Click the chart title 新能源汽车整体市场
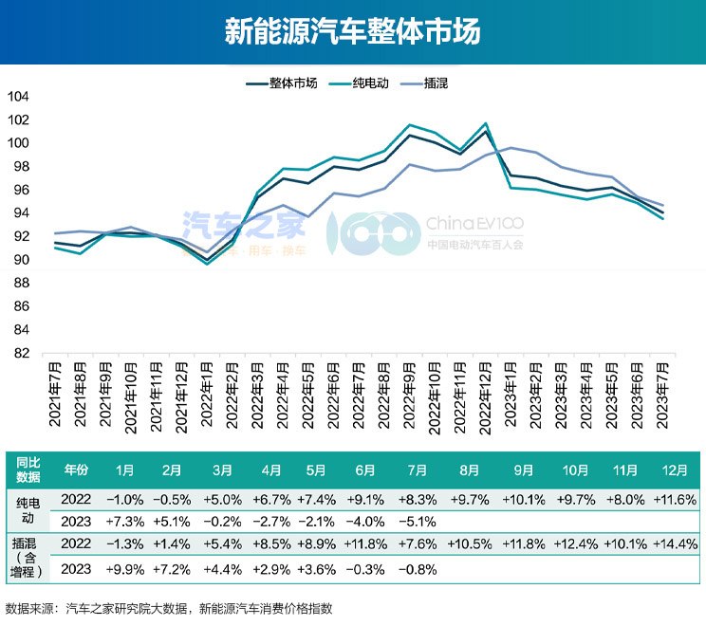[353, 31]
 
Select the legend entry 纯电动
[366, 83]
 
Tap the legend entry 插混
[433, 83]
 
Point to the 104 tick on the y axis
[18, 97]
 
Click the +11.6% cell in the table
[676, 498]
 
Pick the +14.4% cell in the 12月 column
[676, 543]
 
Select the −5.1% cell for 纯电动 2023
[418, 521]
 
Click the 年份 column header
[76, 469]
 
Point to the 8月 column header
[469, 469]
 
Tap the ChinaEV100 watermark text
[474, 224]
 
